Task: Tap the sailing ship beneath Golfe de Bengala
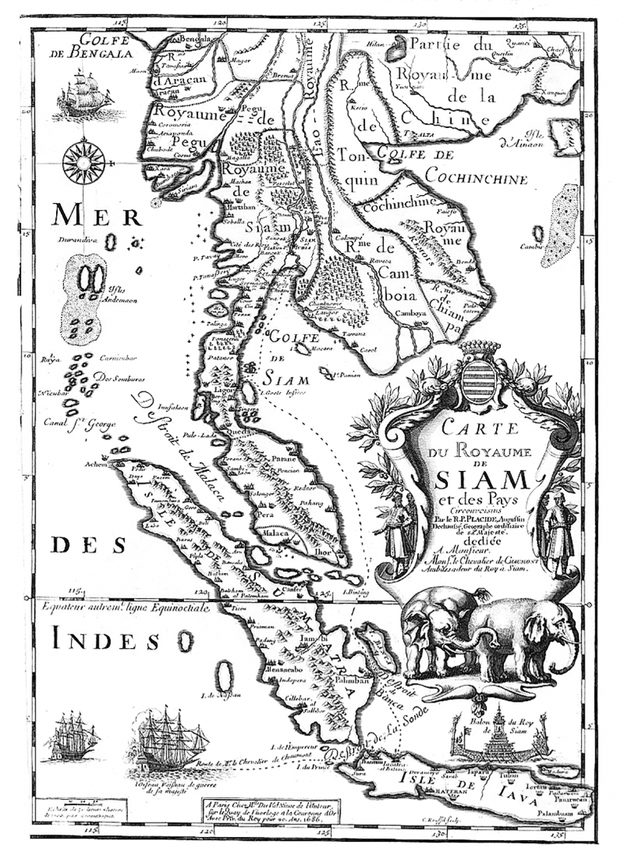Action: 85,94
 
